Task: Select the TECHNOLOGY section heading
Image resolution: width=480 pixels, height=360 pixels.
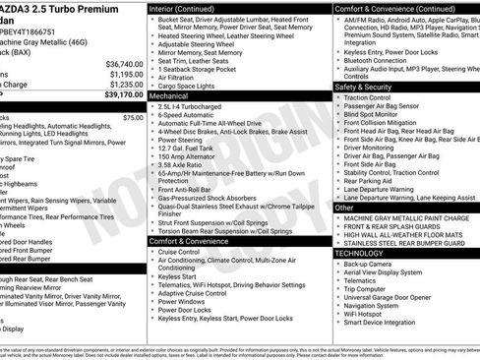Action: point(360,252)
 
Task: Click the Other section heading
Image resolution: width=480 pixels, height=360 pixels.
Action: point(344,208)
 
